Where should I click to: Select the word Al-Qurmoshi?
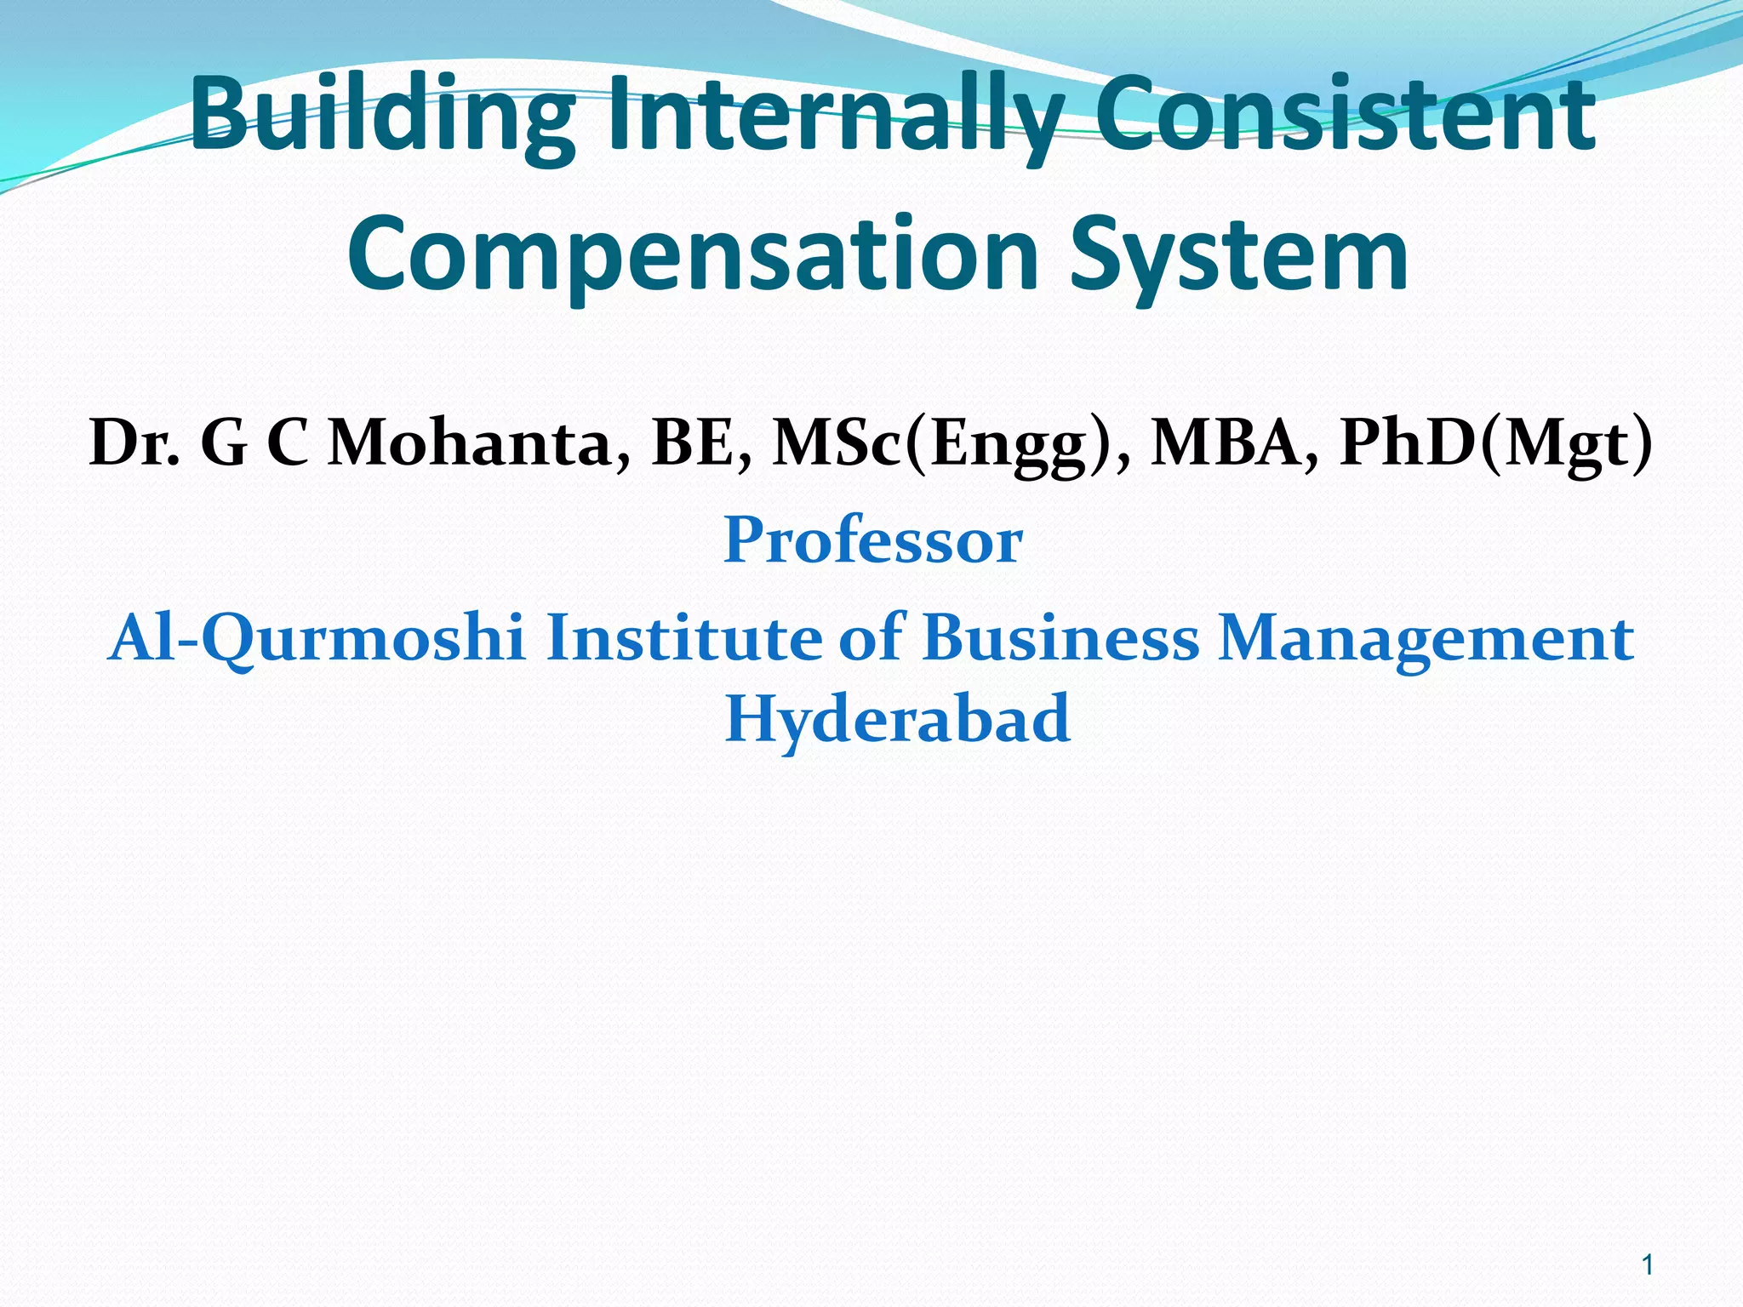[317, 638]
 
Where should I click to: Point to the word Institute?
[684, 638]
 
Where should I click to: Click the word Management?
[1426, 638]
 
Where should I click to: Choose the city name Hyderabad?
[897, 719]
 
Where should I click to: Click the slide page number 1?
[1648, 1265]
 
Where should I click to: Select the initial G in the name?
[224, 444]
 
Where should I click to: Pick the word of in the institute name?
[872, 638]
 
